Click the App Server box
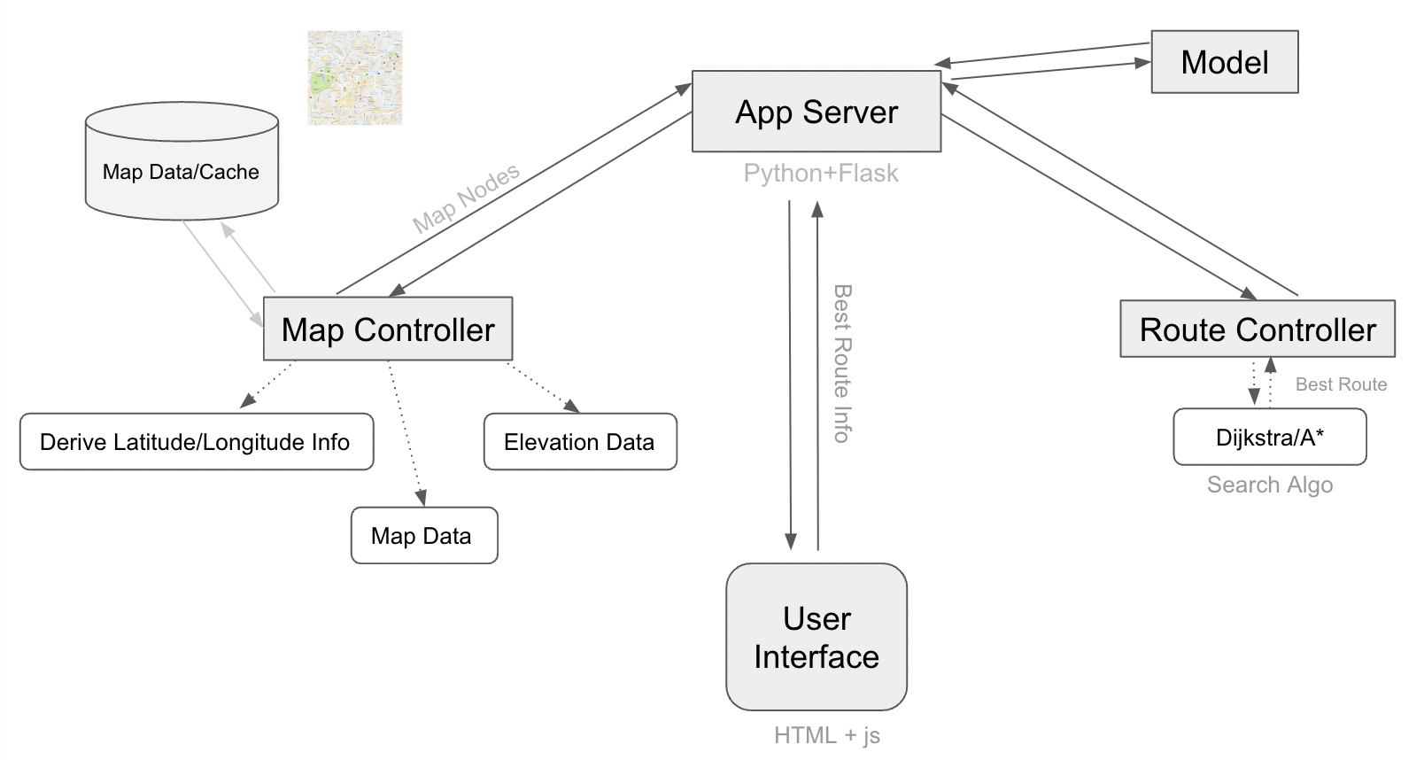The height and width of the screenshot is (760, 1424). [x=816, y=112]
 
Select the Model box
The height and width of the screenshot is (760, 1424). [x=1224, y=62]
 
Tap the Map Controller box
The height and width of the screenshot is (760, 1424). [x=388, y=330]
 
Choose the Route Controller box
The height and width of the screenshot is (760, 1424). [x=1257, y=330]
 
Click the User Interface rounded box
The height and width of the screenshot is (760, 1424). [x=816, y=637]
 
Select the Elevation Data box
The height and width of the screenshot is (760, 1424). [x=579, y=441]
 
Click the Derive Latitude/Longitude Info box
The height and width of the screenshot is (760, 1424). [x=196, y=441]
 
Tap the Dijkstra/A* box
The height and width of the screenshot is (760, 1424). [x=1269, y=437]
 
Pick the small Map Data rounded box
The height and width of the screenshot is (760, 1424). [x=423, y=535]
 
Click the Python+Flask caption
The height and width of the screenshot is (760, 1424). [x=820, y=174]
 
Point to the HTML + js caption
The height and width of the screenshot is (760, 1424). [x=826, y=735]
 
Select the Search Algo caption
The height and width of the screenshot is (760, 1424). [x=1269, y=485]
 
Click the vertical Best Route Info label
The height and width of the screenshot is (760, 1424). [x=841, y=363]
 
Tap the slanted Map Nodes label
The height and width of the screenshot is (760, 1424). [x=466, y=198]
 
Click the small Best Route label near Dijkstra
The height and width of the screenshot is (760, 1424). [x=1340, y=384]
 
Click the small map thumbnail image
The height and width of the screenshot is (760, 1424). [x=354, y=78]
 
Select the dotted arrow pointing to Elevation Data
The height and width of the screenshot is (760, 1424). [x=543, y=387]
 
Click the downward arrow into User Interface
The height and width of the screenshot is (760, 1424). [x=790, y=372]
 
